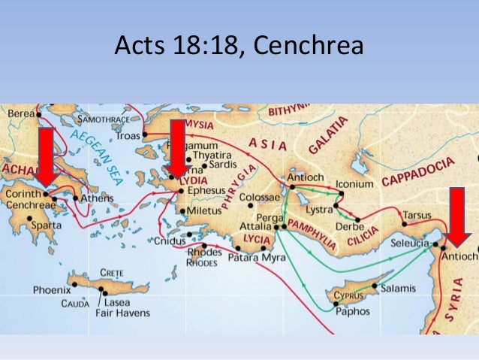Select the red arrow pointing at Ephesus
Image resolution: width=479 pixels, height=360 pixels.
(177, 147)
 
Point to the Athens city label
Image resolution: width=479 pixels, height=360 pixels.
(98, 198)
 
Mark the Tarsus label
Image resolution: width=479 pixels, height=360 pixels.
(417, 215)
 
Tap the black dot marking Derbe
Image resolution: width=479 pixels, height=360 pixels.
(358, 220)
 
